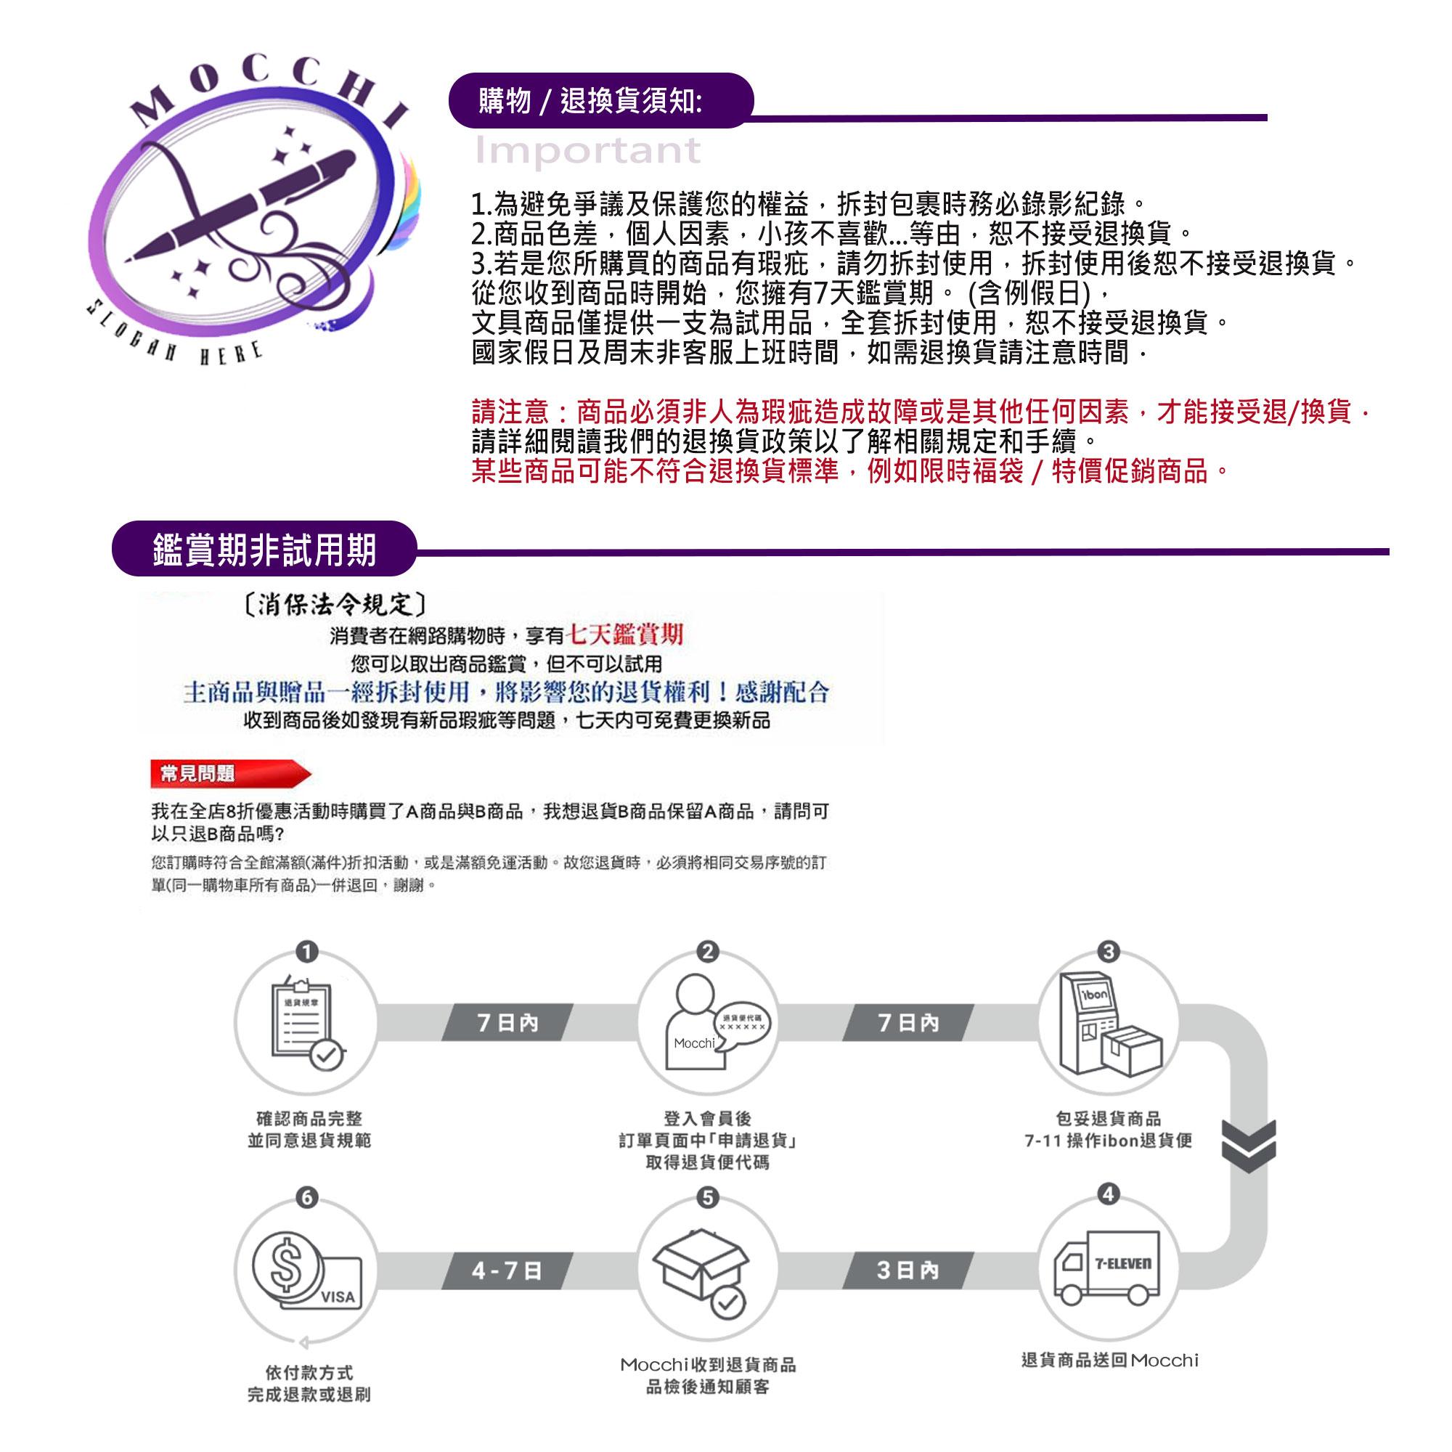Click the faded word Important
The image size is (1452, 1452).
pyautogui.click(x=588, y=151)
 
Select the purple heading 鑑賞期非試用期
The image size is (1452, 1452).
pyautogui.click(x=264, y=550)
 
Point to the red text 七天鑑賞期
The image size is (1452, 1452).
pyautogui.click(x=624, y=635)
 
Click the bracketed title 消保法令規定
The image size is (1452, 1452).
pyautogui.click(x=336, y=603)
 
